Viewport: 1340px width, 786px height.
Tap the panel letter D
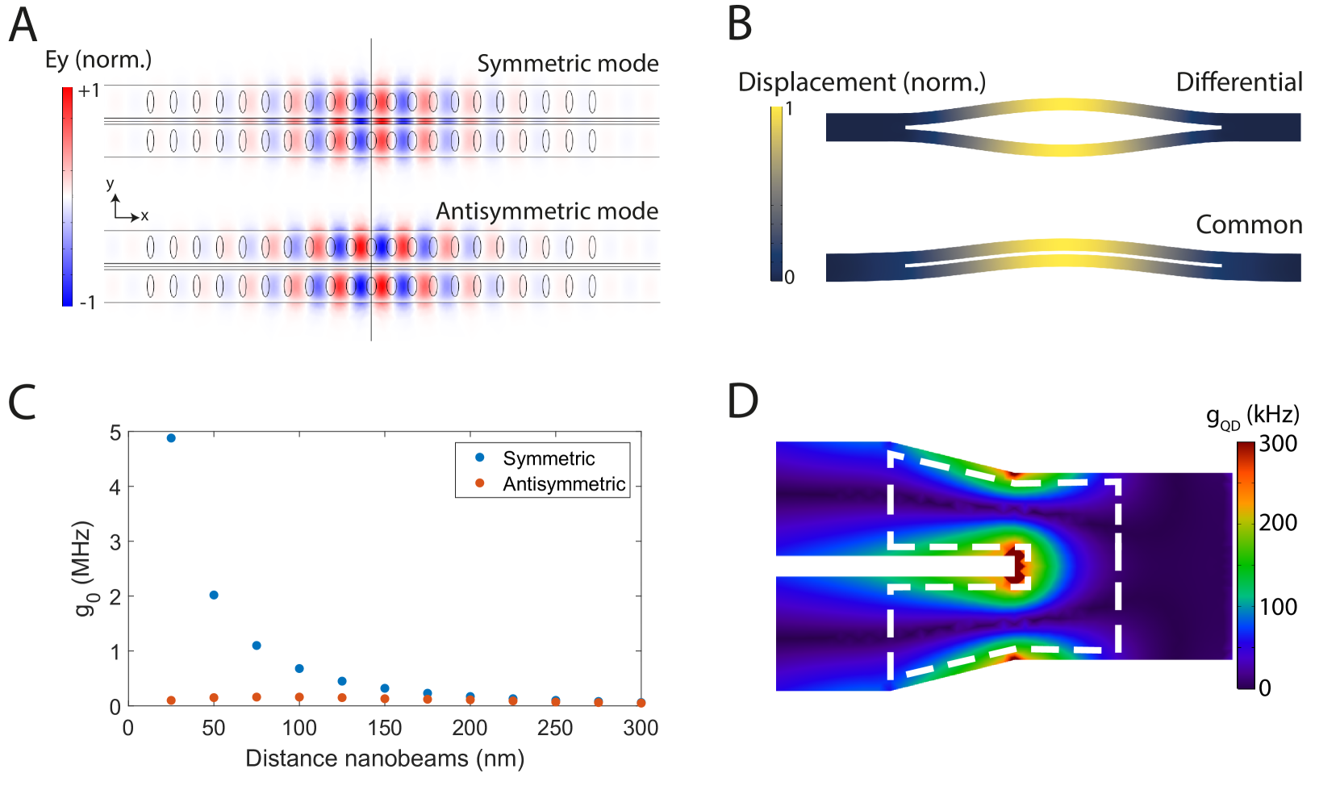coord(742,400)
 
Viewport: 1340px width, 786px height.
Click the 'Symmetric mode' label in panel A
coord(567,64)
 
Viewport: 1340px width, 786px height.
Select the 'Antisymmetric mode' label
coord(546,211)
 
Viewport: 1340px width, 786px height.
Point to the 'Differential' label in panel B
coord(1239,82)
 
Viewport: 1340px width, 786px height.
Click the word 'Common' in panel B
coord(1249,225)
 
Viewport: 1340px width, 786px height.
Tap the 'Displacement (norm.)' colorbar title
coord(862,82)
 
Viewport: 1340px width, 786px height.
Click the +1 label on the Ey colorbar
coord(88,91)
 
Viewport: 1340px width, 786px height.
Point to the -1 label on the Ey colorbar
coord(87,303)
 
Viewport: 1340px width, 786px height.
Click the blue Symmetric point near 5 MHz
coord(171,438)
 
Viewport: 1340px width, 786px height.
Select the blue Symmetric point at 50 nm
coord(214,596)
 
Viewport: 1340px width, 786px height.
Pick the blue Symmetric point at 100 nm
coord(299,669)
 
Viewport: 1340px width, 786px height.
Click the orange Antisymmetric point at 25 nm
coord(171,700)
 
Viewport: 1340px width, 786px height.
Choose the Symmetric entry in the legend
coord(549,458)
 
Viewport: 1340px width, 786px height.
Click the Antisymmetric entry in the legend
coord(563,484)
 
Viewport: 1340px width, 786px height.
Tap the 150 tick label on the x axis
coord(385,729)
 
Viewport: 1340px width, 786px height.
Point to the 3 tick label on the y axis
coord(115,542)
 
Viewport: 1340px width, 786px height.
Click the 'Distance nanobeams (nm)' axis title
coord(385,759)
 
